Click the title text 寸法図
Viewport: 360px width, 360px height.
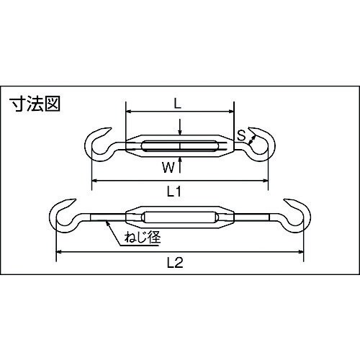(x=35, y=104)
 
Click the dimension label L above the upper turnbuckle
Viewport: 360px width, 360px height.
(x=178, y=103)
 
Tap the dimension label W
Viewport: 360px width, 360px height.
(x=167, y=168)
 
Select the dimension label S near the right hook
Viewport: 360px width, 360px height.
(x=242, y=134)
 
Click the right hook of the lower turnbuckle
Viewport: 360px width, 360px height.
(x=295, y=213)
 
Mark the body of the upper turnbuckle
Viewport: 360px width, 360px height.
(x=180, y=147)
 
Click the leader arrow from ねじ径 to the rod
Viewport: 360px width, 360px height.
(x=113, y=231)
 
